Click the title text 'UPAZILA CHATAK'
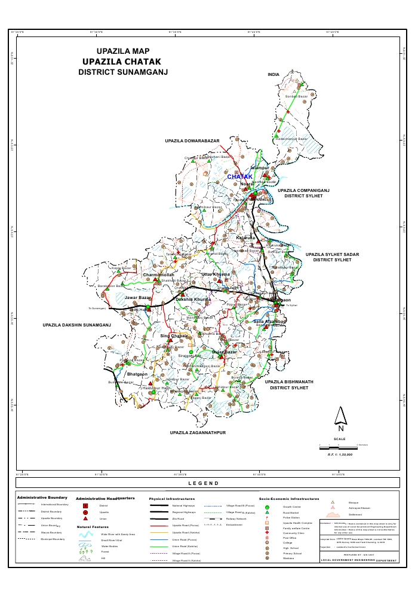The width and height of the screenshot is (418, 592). [x=123, y=62]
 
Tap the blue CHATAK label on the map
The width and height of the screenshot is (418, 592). [x=239, y=177]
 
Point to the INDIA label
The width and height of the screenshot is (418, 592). [x=273, y=75]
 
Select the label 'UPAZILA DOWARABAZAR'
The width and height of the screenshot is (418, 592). [x=192, y=141]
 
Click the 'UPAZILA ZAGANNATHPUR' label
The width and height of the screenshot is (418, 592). [x=198, y=432]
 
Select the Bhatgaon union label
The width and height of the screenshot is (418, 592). [x=137, y=374]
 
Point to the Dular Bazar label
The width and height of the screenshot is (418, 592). [x=225, y=352]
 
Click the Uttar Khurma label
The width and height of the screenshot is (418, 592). [x=216, y=274]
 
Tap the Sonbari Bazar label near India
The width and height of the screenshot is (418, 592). [x=296, y=96]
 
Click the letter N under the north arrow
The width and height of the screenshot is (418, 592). [x=340, y=428]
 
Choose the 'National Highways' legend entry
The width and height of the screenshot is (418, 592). [x=185, y=506]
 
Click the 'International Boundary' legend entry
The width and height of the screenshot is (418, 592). [x=55, y=505]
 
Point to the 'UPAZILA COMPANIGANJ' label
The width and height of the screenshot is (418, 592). [x=303, y=190]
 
